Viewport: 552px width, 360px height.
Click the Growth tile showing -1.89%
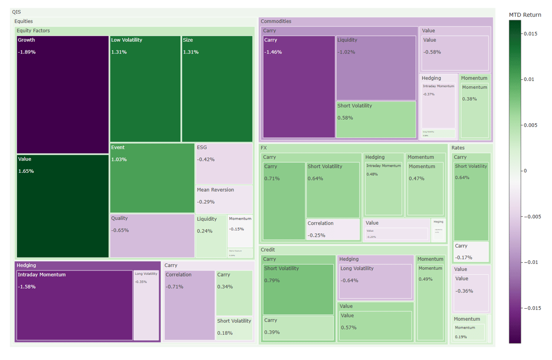[63, 94]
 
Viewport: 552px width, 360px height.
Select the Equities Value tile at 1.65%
[63, 206]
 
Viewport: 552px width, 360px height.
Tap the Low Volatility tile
[145, 89]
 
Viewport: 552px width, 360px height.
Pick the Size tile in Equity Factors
[217, 89]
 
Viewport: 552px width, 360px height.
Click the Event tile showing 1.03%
[152, 178]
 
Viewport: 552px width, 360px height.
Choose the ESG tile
[224, 164]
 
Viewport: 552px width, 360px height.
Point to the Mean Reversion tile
[224, 199]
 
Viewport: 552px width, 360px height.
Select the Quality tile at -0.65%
[152, 236]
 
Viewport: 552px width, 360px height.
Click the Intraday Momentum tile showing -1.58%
[74, 305]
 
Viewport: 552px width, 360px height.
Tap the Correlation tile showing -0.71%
[190, 305]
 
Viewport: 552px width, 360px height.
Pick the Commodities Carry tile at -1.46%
[299, 87]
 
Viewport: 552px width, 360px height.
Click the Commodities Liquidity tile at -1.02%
[376, 68]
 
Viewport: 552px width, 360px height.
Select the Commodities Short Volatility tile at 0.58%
[376, 119]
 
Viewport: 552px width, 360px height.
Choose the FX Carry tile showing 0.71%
[284, 201]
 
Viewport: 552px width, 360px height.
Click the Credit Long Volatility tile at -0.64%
[375, 281]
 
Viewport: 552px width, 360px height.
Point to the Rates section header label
[458, 148]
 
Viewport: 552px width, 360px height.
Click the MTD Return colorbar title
[525, 15]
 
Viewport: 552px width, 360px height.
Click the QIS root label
[17, 12]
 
